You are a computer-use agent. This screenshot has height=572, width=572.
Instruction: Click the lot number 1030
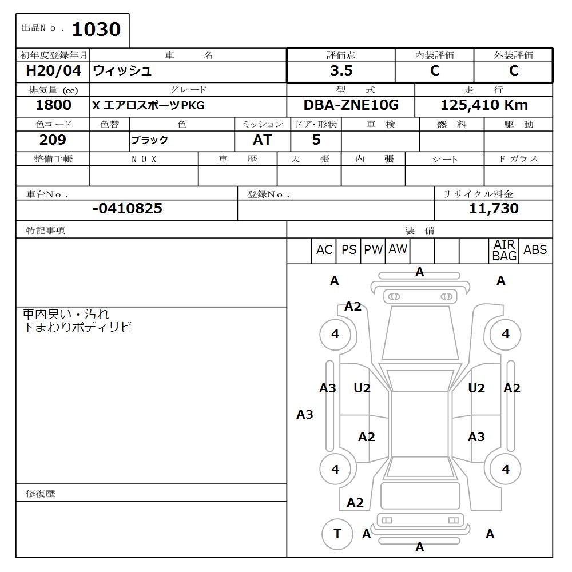[x=96, y=29]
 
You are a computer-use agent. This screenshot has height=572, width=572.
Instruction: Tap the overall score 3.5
[x=341, y=71]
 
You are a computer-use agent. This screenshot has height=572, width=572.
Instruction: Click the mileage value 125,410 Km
[x=484, y=105]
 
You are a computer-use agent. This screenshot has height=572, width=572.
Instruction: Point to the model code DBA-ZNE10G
[x=351, y=105]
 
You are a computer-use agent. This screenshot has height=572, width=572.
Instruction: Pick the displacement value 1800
[x=53, y=105]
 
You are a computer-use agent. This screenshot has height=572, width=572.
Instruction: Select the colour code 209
[x=53, y=140]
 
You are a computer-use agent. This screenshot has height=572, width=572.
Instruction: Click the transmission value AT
[x=262, y=140]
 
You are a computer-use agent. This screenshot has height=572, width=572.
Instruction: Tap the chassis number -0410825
[x=127, y=209]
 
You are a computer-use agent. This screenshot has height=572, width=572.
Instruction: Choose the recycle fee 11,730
[x=494, y=209]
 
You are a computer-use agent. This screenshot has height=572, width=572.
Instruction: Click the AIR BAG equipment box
[x=504, y=251]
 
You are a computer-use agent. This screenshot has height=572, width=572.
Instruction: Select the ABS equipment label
[x=535, y=250]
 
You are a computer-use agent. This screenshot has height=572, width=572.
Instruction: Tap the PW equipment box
[x=373, y=250]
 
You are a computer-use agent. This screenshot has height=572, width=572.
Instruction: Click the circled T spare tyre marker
[x=337, y=534]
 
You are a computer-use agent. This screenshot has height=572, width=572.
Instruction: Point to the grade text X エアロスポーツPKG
[x=148, y=106]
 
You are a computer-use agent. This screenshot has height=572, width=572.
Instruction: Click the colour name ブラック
[x=149, y=141]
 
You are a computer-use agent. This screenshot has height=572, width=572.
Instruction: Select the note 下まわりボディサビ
[x=77, y=328]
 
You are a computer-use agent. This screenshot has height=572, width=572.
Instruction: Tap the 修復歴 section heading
[x=41, y=494]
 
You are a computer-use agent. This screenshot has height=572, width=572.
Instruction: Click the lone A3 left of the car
[x=305, y=415]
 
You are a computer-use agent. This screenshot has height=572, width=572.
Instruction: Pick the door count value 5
[x=316, y=140]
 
